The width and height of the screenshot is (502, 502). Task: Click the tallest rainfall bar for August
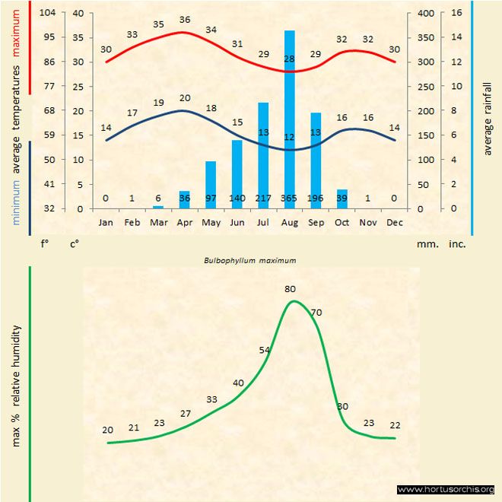[x=289, y=114]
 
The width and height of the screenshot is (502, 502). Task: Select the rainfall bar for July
[x=263, y=152]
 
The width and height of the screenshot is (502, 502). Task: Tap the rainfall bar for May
[x=211, y=183]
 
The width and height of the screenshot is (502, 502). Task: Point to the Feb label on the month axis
[x=132, y=222]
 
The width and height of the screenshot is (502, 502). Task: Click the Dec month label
[x=395, y=222]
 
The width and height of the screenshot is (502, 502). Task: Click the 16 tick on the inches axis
[x=456, y=13]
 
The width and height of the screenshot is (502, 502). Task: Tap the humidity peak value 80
[x=290, y=289]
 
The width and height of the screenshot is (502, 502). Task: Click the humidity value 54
[x=265, y=350]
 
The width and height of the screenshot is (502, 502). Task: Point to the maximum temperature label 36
[x=185, y=20]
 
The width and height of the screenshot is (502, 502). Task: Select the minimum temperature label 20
[x=185, y=98]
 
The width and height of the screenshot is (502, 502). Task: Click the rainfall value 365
[x=289, y=199]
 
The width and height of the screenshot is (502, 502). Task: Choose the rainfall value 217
[x=263, y=199]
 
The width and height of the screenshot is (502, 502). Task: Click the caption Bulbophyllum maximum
[x=249, y=260]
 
